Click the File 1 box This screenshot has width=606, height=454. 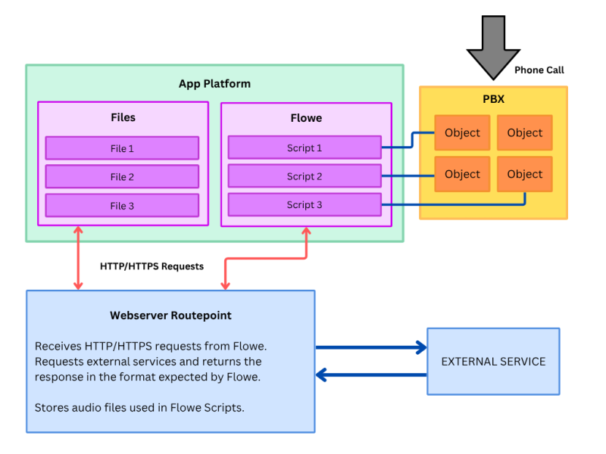(122, 148)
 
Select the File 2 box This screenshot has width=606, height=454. (122, 176)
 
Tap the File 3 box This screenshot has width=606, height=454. (122, 205)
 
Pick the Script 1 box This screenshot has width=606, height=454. (305, 148)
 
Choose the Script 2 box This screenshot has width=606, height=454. (305, 176)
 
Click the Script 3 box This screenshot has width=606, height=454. (305, 204)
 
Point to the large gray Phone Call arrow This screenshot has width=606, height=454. (493, 47)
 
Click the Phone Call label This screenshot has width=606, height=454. (539, 70)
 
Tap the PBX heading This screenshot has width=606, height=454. (494, 99)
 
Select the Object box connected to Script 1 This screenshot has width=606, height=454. (462, 132)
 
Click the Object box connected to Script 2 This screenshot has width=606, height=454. (462, 174)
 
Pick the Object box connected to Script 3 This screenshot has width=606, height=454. (525, 174)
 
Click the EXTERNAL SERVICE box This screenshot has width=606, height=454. (494, 362)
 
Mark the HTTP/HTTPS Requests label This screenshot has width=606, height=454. (152, 266)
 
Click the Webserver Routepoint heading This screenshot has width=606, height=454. (170, 316)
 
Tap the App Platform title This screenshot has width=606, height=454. (214, 84)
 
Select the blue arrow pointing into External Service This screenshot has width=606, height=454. (371, 347)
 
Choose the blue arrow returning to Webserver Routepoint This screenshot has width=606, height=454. (371, 375)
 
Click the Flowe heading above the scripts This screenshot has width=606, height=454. (306, 118)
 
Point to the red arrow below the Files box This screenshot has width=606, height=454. (78, 258)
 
